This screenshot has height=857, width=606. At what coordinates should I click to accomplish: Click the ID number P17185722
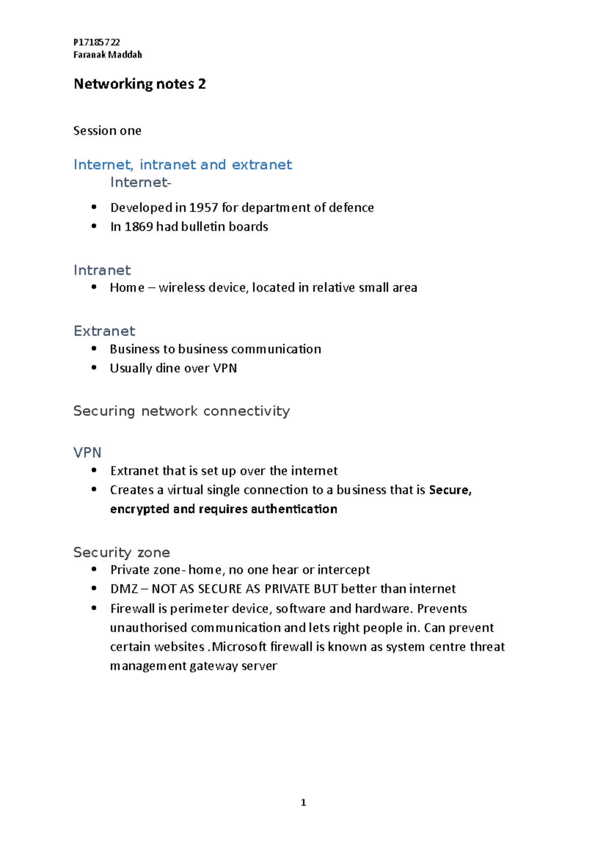click(x=96, y=42)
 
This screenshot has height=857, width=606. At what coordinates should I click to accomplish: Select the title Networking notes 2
click(x=139, y=84)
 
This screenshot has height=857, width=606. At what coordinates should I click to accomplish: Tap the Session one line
click(x=107, y=131)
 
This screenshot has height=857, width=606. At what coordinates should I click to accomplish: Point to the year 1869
click(x=138, y=227)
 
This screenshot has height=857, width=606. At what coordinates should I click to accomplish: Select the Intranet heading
click(x=102, y=270)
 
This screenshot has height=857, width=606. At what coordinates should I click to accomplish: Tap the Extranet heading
click(x=104, y=331)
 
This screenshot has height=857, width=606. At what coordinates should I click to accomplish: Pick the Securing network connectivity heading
click(x=181, y=411)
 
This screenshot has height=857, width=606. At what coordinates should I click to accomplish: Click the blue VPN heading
click(x=87, y=452)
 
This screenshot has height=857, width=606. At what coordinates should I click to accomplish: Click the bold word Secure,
click(x=450, y=490)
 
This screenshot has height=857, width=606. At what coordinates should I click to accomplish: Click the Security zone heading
click(x=121, y=552)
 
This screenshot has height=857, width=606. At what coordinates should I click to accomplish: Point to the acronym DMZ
click(x=124, y=589)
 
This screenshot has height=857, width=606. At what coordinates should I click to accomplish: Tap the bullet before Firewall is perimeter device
click(x=94, y=608)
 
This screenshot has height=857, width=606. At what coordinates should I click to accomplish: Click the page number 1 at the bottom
click(x=304, y=802)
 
